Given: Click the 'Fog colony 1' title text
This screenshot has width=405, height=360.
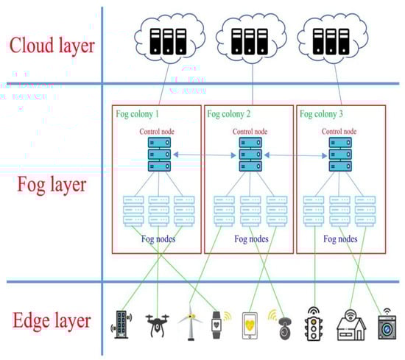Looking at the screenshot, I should coord(141,114).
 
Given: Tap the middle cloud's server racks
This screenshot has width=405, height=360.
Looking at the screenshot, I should coord(248,43).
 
